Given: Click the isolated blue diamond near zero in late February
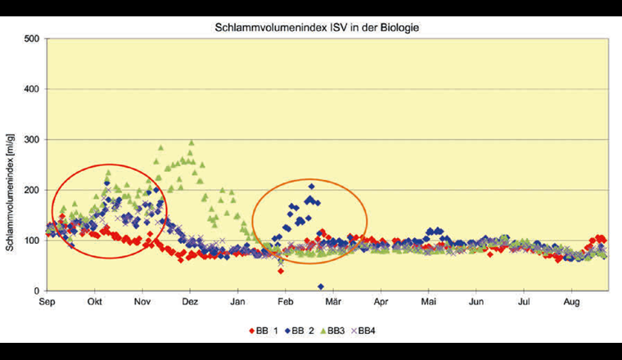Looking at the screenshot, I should point(321,286).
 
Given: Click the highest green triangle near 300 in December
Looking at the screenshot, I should point(192,142).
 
